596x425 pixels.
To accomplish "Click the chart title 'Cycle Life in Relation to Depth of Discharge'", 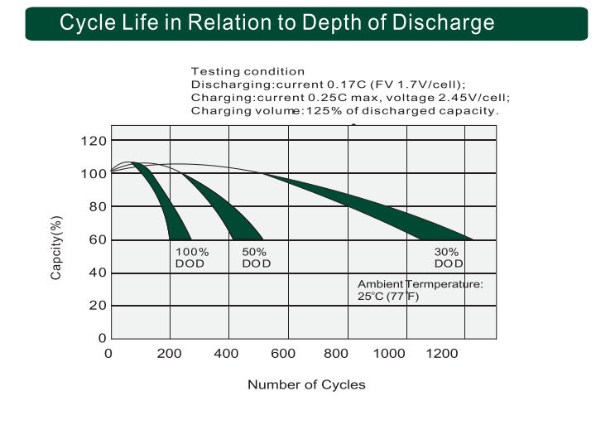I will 277,22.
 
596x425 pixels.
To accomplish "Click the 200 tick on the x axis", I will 170,355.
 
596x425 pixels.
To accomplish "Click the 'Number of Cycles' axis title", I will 306,384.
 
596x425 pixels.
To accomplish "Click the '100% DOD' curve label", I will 191,258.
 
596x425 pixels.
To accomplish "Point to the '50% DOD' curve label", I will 256,258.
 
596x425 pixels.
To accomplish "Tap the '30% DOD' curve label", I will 448,258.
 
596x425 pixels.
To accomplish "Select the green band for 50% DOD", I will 228,207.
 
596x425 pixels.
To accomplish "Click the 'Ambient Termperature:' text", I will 420,284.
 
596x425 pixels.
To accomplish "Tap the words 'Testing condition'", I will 248,72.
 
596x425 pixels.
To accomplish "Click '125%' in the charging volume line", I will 325,110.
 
